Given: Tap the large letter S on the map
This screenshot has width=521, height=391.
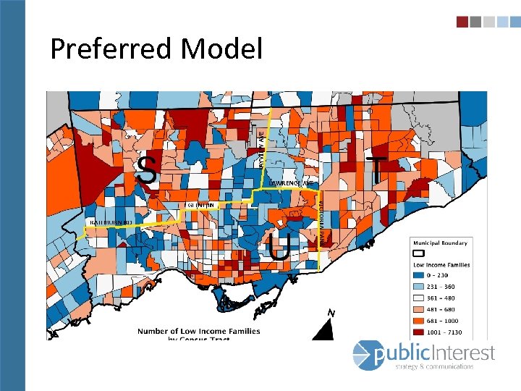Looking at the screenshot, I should pos(147,170).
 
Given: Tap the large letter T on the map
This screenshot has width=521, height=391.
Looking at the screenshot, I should pos(376,171).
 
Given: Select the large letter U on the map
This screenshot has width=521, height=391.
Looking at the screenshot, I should pos(279,247).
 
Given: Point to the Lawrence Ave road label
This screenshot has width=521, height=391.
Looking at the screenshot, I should pos(293,184).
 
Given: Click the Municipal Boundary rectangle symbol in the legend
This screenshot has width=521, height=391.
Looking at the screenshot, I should pos(418,253).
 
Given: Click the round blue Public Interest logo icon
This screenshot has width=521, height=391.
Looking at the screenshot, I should pos(365,354).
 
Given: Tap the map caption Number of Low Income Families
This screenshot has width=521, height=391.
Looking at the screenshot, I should pos(199,332).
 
